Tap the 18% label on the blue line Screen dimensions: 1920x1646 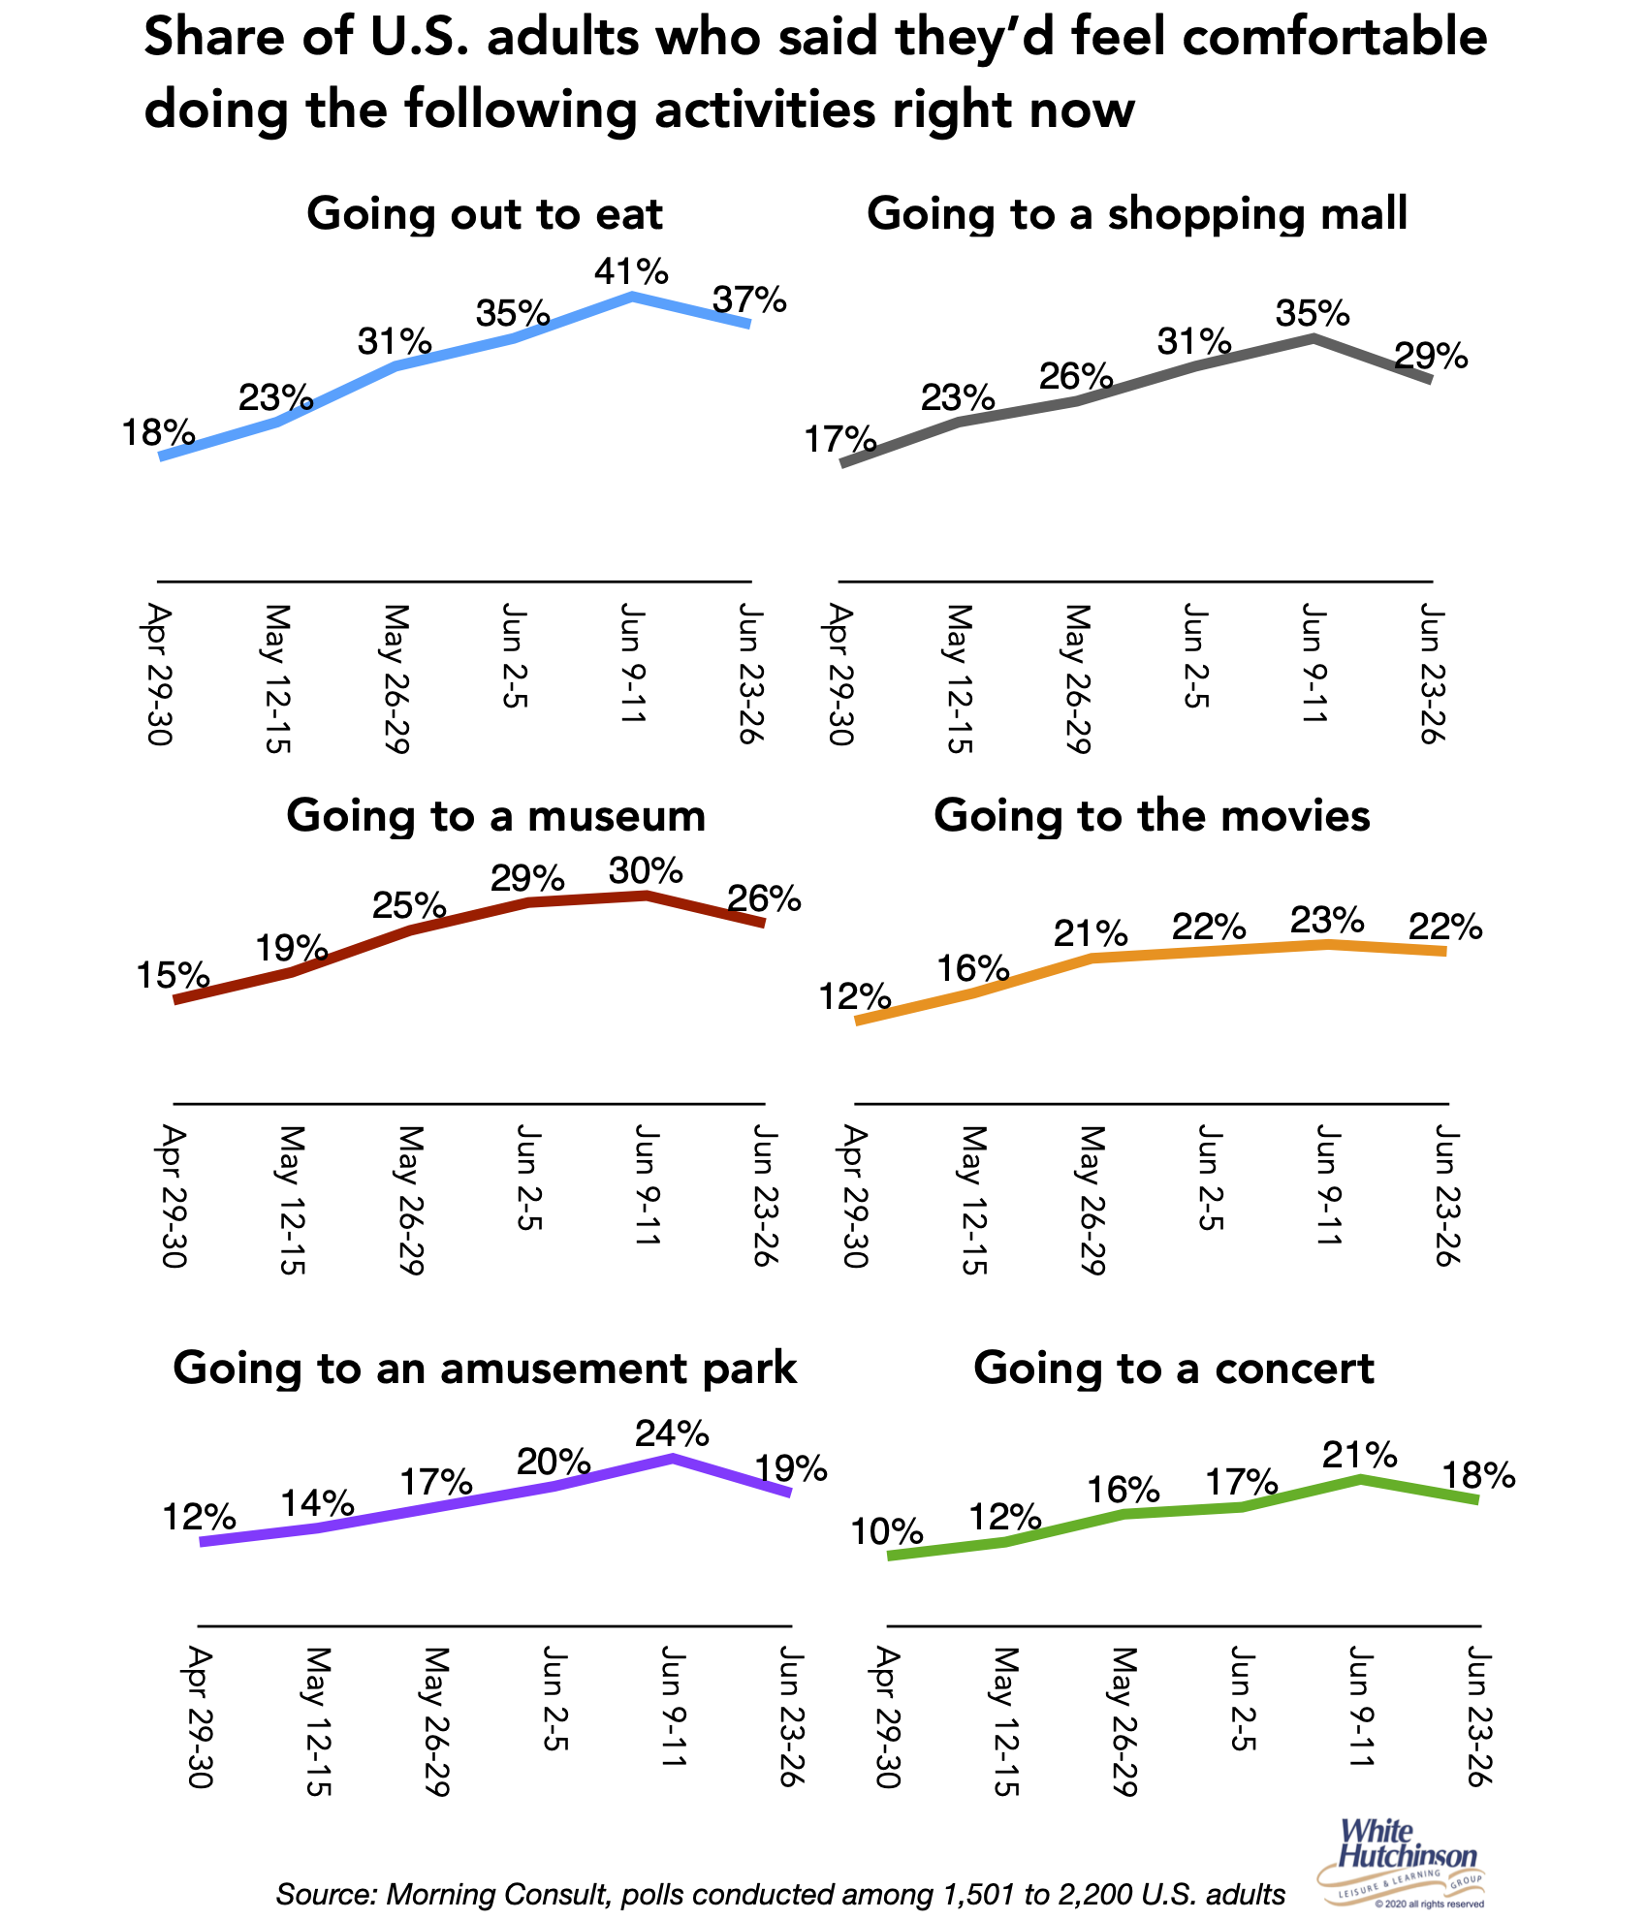(x=158, y=432)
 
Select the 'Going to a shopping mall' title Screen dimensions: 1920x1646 (x=1136, y=213)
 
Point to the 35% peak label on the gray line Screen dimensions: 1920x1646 (x=1313, y=314)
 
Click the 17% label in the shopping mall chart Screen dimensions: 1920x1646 (x=840, y=440)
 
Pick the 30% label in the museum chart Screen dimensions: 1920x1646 (x=646, y=871)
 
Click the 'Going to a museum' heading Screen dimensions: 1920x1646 (x=495, y=815)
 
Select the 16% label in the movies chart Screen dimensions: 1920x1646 (x=972, y=967)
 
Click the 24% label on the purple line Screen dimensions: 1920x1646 (x=672, y=1432)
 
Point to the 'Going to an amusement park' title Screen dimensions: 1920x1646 (x=485, y=1368)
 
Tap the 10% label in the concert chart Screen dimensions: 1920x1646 (x=886, y=1532)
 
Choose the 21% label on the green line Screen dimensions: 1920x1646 (x=1360, y=1455)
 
